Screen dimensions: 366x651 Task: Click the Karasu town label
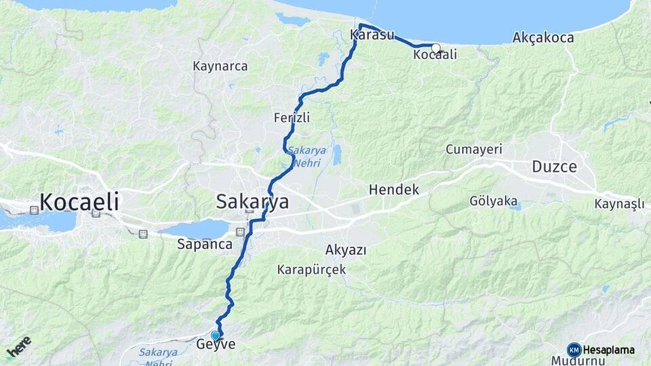point(372,35)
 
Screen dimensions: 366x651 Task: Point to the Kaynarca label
point(220,66)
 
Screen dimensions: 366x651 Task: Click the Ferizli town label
point(292,117)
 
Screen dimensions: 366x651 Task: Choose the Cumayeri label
point(473,149)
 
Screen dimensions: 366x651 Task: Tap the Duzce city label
point(554,167)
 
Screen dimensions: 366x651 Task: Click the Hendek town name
point(394,190)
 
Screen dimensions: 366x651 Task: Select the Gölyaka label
point(493,201)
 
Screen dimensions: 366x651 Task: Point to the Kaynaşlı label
point(619,204)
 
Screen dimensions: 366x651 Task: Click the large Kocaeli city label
point(79,201)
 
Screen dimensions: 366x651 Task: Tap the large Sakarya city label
point(252,201)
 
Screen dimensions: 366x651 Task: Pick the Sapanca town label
point(205,244)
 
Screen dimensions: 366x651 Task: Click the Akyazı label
point(346,249)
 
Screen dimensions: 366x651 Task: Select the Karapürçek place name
point(311,269)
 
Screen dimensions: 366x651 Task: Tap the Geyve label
point(216,344)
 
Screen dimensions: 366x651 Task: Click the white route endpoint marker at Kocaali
point(436,48)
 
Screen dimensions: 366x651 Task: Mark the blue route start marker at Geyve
point(216,335)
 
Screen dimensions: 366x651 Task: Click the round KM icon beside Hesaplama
point(574,350)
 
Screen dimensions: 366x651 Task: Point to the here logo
point(19,347)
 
